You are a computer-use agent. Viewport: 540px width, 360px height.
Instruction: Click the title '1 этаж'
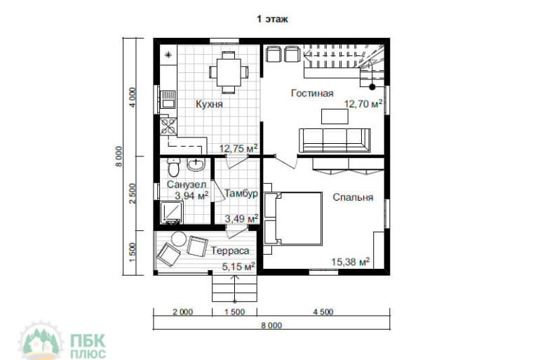point(272,19)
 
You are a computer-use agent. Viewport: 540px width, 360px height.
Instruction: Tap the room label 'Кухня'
point(210,104)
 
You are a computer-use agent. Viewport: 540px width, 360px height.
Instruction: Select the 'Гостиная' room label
point(312,93)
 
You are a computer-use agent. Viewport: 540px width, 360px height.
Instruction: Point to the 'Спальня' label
point(353,197)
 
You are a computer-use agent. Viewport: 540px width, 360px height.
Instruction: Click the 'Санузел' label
point(187,185)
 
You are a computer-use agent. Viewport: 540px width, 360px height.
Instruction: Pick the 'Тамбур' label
point(241,194)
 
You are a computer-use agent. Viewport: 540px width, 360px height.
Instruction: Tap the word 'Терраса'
point(230,251)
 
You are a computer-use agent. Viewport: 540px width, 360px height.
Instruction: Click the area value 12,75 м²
point(238,149)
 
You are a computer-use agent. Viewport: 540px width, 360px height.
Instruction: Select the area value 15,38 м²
point(351,262)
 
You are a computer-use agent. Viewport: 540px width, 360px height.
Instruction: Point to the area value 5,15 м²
point(238,266)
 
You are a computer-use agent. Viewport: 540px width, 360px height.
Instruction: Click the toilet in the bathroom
point(174,167)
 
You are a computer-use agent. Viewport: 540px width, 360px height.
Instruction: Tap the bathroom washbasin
point(196,165)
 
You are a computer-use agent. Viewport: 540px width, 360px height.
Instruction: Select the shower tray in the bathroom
point(172,213)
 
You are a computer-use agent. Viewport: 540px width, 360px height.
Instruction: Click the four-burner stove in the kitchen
point(168,126)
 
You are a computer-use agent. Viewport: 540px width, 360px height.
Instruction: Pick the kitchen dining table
point(229,72)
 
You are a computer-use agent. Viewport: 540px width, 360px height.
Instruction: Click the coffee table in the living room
point(335,116)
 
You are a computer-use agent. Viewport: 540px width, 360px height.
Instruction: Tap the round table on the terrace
point(179,239)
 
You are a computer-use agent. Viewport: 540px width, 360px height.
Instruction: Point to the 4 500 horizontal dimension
point(323,312)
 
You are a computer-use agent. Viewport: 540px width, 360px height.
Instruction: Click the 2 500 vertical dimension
point(133,193)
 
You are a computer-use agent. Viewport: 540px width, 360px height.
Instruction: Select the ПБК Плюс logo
point(62,341)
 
